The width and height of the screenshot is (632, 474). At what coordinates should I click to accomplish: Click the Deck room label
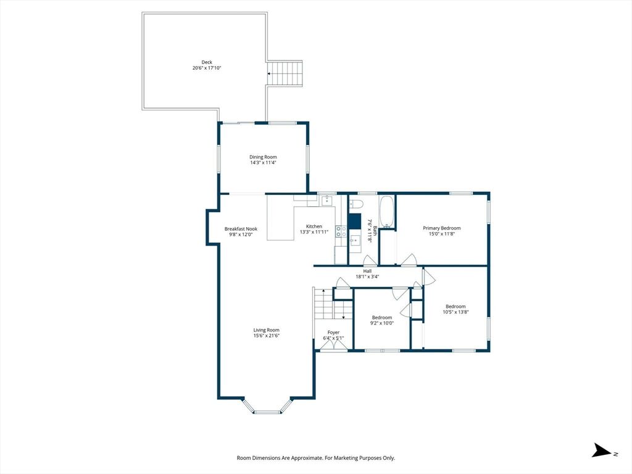(207, 62)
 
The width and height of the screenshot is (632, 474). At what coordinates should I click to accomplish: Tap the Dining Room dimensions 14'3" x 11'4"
(263, 163)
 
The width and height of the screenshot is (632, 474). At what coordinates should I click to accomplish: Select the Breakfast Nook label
(241, 229)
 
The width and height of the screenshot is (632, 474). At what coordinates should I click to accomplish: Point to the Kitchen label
(314, 227)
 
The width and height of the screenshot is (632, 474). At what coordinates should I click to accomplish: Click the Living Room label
(266, 330)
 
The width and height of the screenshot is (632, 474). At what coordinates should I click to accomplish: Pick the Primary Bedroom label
(441, 228)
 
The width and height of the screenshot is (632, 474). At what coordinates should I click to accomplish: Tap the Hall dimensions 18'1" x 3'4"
(367, 277)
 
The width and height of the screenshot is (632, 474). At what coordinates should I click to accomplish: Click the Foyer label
(333, 333)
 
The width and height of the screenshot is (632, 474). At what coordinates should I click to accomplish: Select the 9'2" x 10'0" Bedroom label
(381, 318)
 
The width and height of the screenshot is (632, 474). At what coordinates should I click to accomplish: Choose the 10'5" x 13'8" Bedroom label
(455, 306)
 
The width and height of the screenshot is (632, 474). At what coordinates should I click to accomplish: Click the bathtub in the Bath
(386, 212)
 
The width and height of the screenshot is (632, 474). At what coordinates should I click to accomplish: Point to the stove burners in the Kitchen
(341, 231)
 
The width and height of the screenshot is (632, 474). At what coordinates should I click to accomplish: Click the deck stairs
(285, 73)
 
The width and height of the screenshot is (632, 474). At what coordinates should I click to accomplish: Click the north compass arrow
(602, 450)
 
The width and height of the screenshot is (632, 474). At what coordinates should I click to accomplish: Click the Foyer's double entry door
(333, 347)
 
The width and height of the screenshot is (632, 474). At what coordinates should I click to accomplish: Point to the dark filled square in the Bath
(355, 221)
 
